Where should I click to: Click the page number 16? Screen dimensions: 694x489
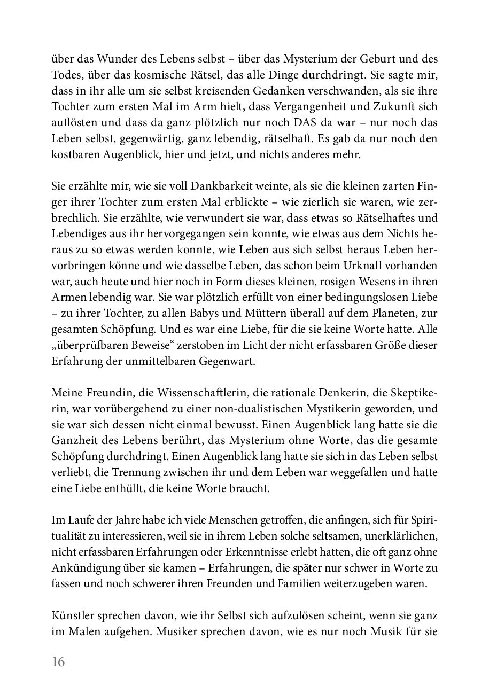58,662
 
